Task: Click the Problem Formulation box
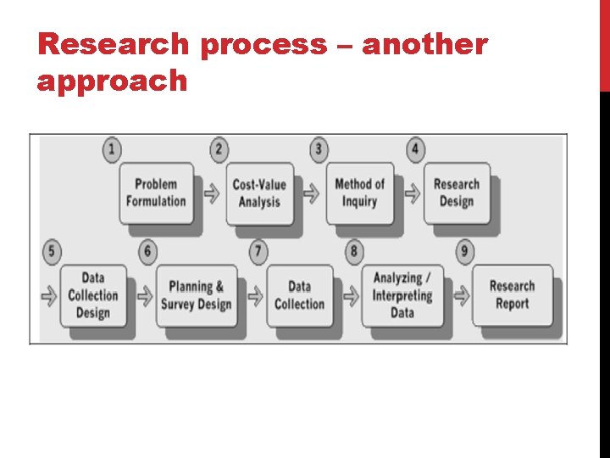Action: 156,193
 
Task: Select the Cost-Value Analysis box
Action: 259,193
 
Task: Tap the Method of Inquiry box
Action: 359,193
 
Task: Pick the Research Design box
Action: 457,193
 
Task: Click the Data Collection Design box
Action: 93,295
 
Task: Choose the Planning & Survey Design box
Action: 197,295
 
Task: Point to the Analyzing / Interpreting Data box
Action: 402,295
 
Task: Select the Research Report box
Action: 512,295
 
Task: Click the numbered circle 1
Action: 111,150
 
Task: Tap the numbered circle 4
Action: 415,150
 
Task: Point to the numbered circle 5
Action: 53,251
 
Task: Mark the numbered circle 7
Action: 258,251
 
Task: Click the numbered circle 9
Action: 465,251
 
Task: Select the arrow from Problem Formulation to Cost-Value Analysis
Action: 212,193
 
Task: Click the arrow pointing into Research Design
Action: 413,193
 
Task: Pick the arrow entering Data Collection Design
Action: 49,296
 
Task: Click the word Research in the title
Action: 117,45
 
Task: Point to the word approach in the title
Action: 113,81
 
